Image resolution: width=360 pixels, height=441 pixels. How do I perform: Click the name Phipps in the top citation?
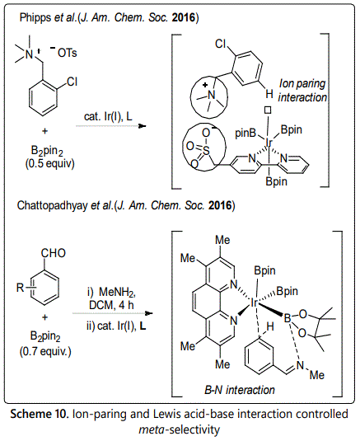tap(35, 18)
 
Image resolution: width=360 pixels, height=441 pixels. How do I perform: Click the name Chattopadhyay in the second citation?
tap(53, 205)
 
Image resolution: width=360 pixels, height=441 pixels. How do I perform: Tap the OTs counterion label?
tap(68, 53)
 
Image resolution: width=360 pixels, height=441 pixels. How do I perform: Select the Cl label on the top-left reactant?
tap(72, 82)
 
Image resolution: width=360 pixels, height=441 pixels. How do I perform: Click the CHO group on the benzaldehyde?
tap(54, 253)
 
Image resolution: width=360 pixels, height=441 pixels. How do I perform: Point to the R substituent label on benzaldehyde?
tap(21, 288)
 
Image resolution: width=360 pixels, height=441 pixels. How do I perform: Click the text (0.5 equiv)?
tap(50, 163)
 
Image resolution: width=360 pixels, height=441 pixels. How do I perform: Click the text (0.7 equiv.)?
tap(45, 351)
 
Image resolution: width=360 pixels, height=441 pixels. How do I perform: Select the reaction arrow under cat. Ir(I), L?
tap(111, 126)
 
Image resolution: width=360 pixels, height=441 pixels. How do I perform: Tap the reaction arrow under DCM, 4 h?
tap(112, 313)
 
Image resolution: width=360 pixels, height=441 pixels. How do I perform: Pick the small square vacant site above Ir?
tap(268, 110)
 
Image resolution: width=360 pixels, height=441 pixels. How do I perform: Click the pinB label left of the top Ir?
tap(245, 133)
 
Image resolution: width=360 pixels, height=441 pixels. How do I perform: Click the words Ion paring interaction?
tap(302, 91)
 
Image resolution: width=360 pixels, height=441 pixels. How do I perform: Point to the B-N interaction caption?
tap(240, 390)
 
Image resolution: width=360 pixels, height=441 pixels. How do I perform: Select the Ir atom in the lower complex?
tap(254, 303)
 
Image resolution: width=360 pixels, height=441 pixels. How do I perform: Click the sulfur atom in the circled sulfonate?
tap(207, 151)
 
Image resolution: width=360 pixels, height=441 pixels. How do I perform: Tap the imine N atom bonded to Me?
tap(301, 365)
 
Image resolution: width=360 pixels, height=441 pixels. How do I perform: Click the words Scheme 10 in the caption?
tap(40, 414)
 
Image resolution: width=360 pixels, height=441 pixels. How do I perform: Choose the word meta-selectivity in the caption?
tap(180, 429)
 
